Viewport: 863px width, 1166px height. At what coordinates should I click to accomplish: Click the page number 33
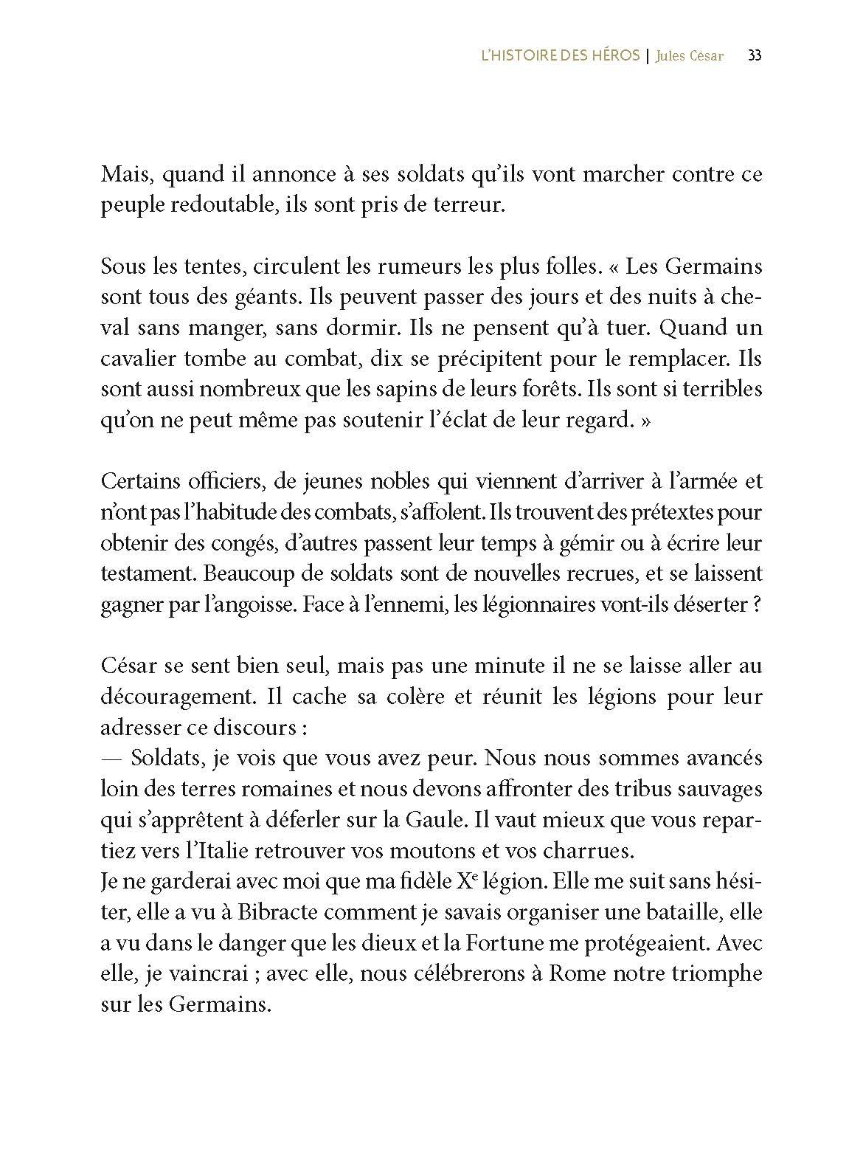pyautogui.click(x=754, y=56)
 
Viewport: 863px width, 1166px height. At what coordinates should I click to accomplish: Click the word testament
pyautogui.click(x=139, y=573)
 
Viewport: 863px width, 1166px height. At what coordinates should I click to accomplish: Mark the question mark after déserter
pyautogui.click(x=756, y=604)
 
